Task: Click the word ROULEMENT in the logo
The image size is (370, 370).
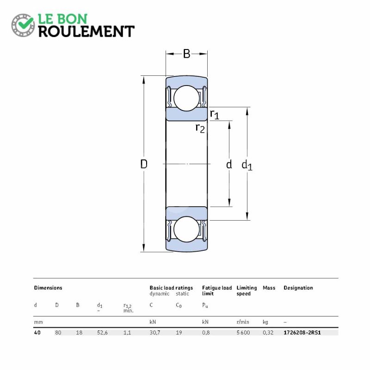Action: coord(86,31)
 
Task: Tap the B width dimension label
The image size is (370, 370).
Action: coord(186,54)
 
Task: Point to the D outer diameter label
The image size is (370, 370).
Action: coord(144,164)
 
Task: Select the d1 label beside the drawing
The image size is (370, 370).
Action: coord(247,165)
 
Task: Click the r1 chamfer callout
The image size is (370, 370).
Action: coord(215,114)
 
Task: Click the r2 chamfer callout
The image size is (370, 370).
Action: coord(200,129)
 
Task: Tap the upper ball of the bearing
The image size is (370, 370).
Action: coord(186,98)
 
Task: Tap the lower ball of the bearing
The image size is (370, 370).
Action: coord(186,229)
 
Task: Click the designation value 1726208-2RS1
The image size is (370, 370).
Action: coord(302,333)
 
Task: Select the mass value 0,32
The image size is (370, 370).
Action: coord(268,333)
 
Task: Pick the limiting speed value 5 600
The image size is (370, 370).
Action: coord(243,333)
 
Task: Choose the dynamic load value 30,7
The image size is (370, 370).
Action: coord(155,333)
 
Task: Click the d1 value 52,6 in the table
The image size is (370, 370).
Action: coord(102,333)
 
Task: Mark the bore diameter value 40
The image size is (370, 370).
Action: coord(37,333)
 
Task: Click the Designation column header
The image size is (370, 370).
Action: coord(298,288)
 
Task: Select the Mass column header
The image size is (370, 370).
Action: coord(269,288)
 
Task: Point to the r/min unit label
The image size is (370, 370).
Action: coord(243,322)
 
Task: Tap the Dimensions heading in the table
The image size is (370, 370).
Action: coord(48,288)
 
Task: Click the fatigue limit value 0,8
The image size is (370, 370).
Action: coord(206,333)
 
